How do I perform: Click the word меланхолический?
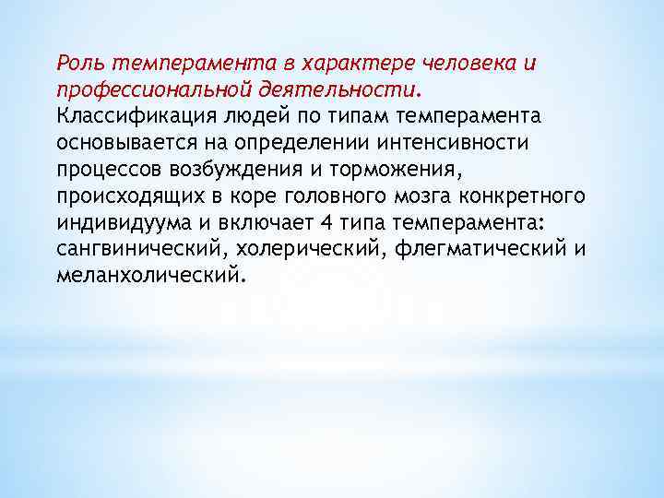(149, 276)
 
